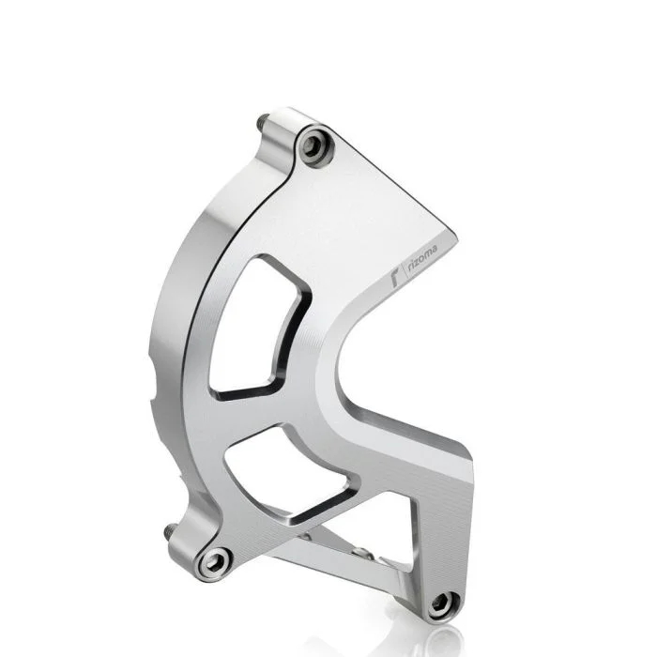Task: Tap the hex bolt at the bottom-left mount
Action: pos(215,562)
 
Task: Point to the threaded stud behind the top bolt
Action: pos(261,122)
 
